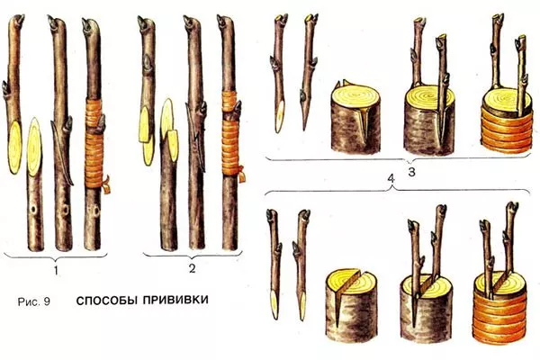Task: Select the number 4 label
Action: coord(390,179)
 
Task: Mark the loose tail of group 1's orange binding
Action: coord(105,190)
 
